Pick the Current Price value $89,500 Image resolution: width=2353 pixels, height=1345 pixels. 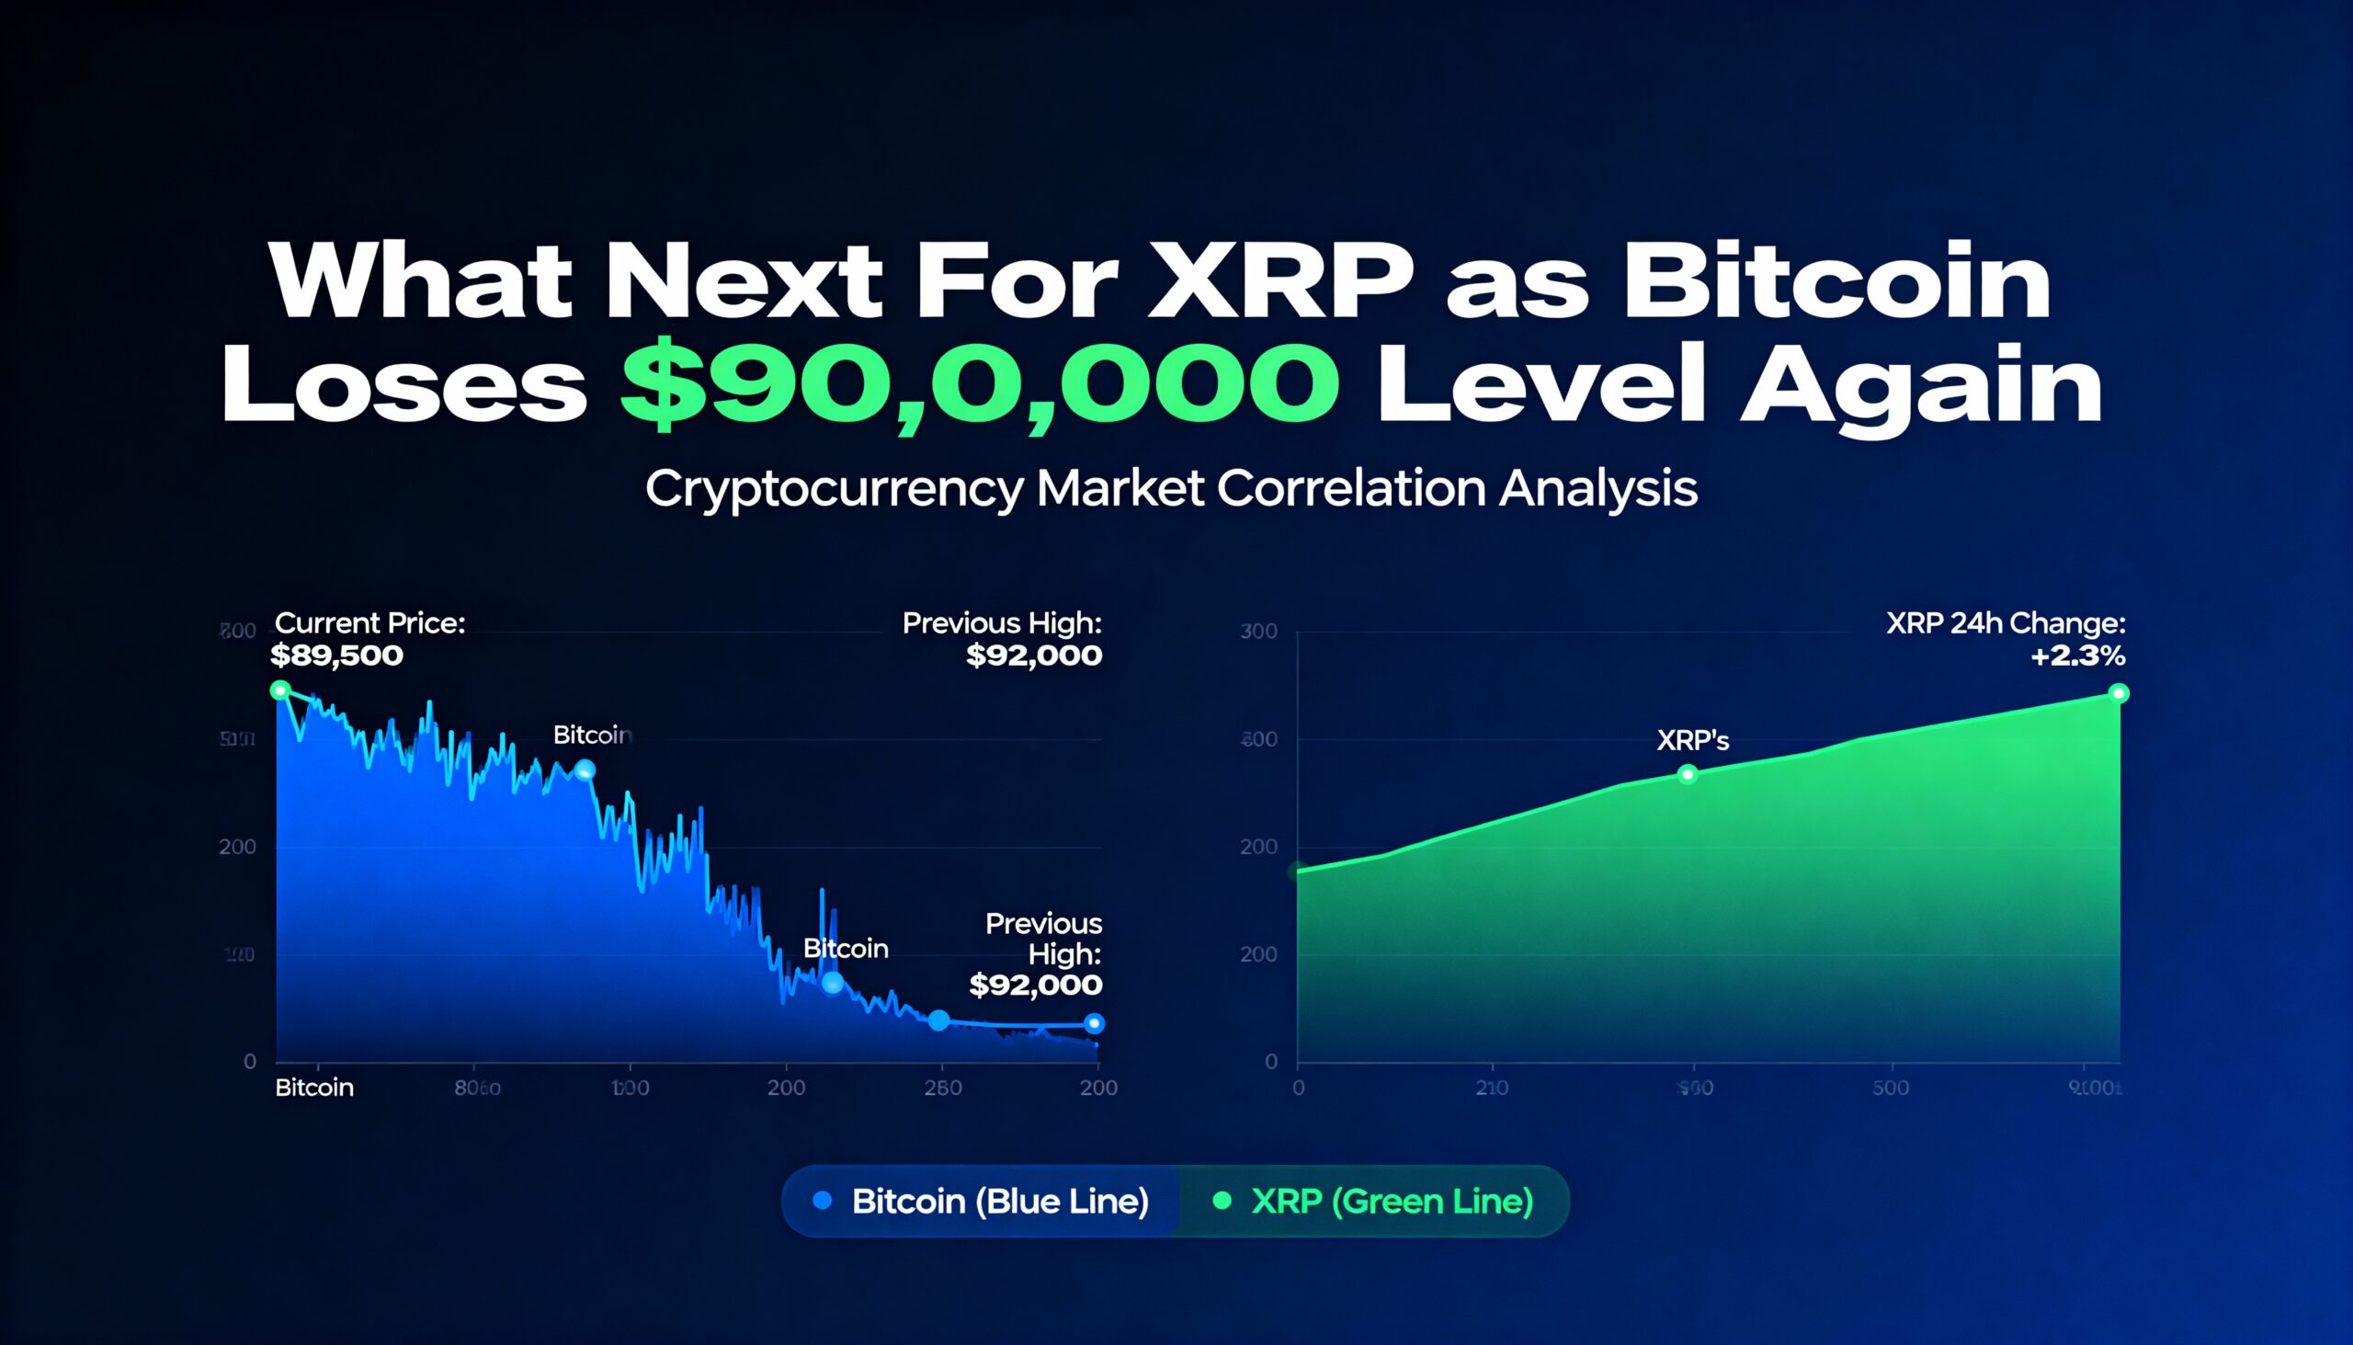pos(337,655)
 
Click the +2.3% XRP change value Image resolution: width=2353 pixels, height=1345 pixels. pos(2077,655)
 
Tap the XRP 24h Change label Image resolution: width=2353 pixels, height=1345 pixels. pos(2005,623)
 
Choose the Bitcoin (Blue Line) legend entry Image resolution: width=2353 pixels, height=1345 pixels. pos(999,1201)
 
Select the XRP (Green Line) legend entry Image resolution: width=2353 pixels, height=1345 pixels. pos(1391,1201)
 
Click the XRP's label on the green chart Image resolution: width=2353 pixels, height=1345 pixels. pos(1692,740)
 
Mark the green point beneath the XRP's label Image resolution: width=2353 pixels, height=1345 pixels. pos(1688,774)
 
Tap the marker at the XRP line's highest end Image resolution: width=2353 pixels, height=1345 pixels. pos(2120,693)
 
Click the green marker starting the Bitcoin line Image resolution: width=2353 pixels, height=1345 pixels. pos(280,690)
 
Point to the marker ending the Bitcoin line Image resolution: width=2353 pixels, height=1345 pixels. pos(1095,1022)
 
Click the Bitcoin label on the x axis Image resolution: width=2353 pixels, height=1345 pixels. pos(314,1088)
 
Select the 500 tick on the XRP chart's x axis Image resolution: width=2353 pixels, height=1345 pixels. pos(1891,1089)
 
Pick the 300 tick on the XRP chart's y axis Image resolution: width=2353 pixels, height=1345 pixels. pos(1258,632)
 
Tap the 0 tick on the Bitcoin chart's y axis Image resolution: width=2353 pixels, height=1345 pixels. pos(249,1063)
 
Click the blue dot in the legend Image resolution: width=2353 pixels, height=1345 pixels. pos(822,1201)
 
